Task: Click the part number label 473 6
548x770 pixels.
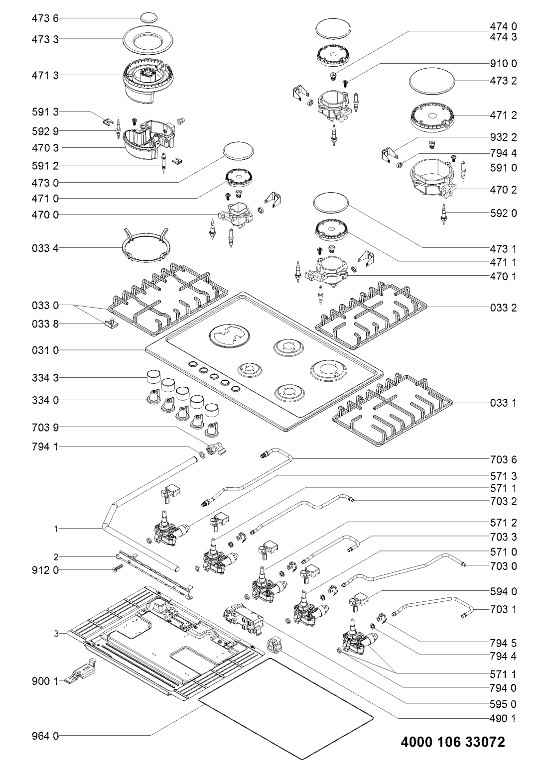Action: (x=45, y=18)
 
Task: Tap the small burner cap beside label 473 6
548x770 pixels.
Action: (x=149, y=18)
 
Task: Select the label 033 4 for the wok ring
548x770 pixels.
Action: (x=45, y=248)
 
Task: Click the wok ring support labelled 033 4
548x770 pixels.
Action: (x=144, y=246)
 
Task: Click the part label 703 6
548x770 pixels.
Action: (x=503, y=459)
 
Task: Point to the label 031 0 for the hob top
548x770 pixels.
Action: (x=45, y=350)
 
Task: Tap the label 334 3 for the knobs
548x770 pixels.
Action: (x=45, y=378)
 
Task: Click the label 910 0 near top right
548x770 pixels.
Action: (x=503, y=64)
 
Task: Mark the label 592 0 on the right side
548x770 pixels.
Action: (x=503, y=213)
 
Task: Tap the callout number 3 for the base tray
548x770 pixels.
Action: (x=56, y=633)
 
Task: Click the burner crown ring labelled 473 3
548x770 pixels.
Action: (x=148, y=41)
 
